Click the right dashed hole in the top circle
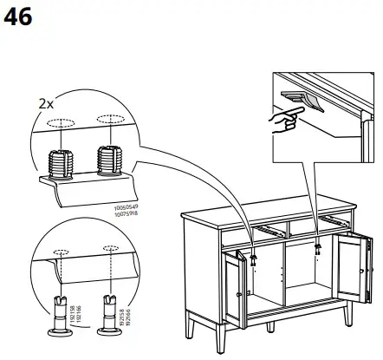coord(109,119)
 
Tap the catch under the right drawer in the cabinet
coord(318,246)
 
